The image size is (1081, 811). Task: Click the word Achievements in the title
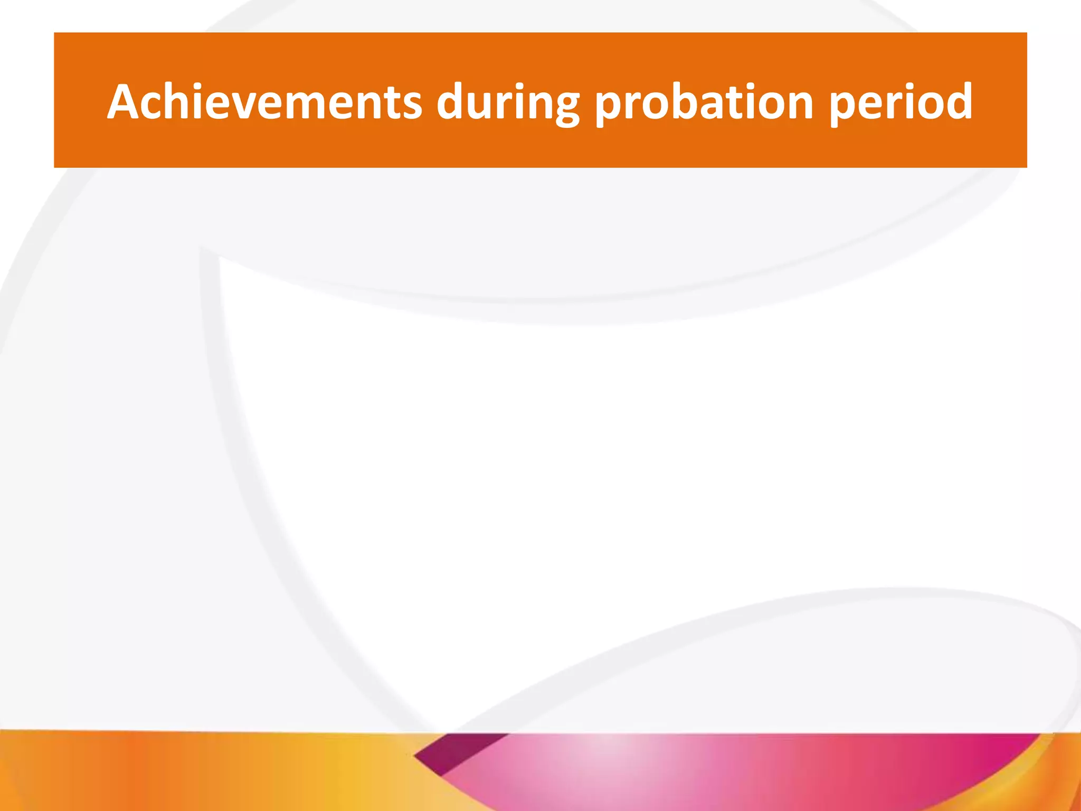coord(264,101)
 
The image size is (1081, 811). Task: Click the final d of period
coord(956,101)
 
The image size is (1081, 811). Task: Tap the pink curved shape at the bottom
coord(686,771)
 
